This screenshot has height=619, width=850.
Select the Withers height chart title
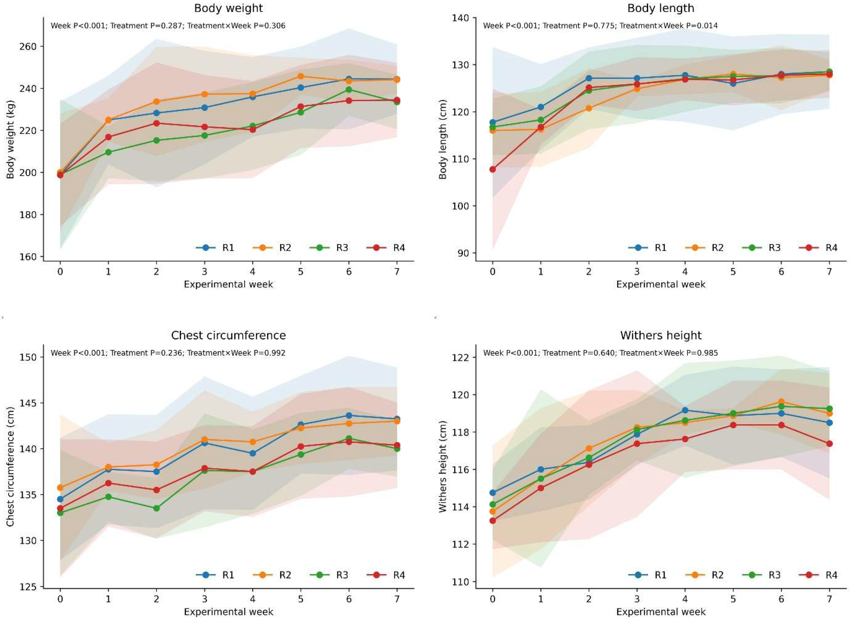pos(661,335)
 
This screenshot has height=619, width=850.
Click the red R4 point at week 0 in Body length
pos(492,169)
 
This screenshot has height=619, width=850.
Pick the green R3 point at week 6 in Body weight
pos(349,90)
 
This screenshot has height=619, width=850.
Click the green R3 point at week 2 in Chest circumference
pos(156,508)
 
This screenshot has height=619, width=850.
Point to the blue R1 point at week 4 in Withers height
pos(685,410)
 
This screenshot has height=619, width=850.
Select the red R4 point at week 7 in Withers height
pos(829,444)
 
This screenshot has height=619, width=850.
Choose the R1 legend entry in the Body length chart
pos(648,248)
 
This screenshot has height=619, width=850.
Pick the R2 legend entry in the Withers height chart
pos(705,575)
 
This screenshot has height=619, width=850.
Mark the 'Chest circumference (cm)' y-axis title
pos(10,465)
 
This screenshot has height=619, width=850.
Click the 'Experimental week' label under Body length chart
pos(661,284)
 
